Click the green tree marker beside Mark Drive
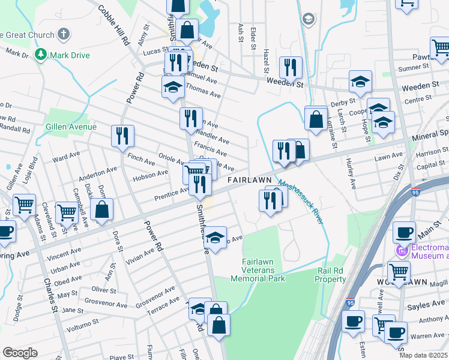tap(41, 55)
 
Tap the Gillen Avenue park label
tap(71, 127)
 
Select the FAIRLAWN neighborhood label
tap(250, 180)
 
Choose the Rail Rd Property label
tap(331, 275)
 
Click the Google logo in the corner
tap(20, 353)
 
